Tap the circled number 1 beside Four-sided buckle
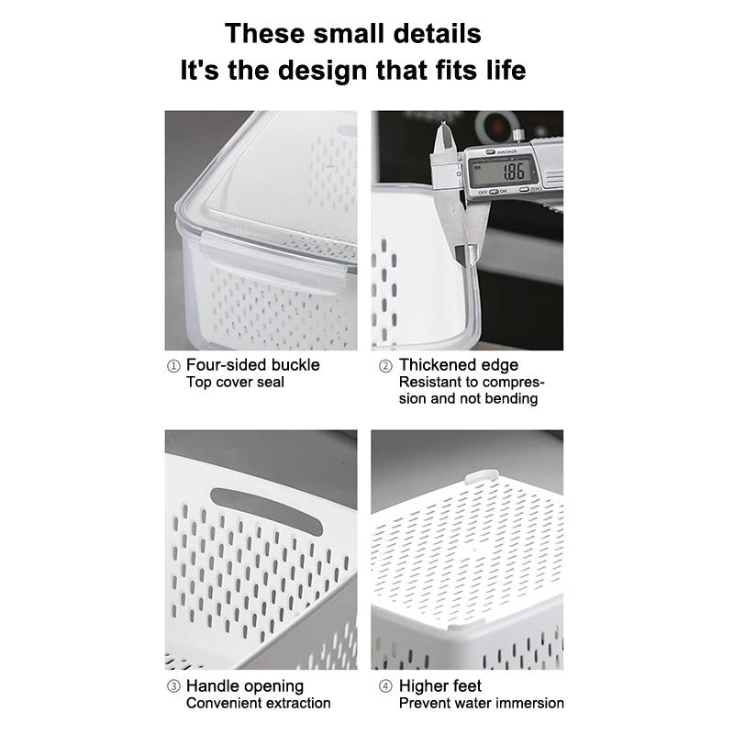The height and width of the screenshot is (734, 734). [173, 365]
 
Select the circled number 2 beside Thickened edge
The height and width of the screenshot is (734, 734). [385, 365]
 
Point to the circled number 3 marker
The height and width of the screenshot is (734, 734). [173, 686]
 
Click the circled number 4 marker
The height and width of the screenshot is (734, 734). [385, 686]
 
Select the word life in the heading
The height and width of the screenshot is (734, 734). [502, 71]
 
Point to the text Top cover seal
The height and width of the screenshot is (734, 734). [235, 382]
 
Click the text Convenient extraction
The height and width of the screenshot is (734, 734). [258, 703]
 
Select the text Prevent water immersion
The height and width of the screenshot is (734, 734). [481, 703]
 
